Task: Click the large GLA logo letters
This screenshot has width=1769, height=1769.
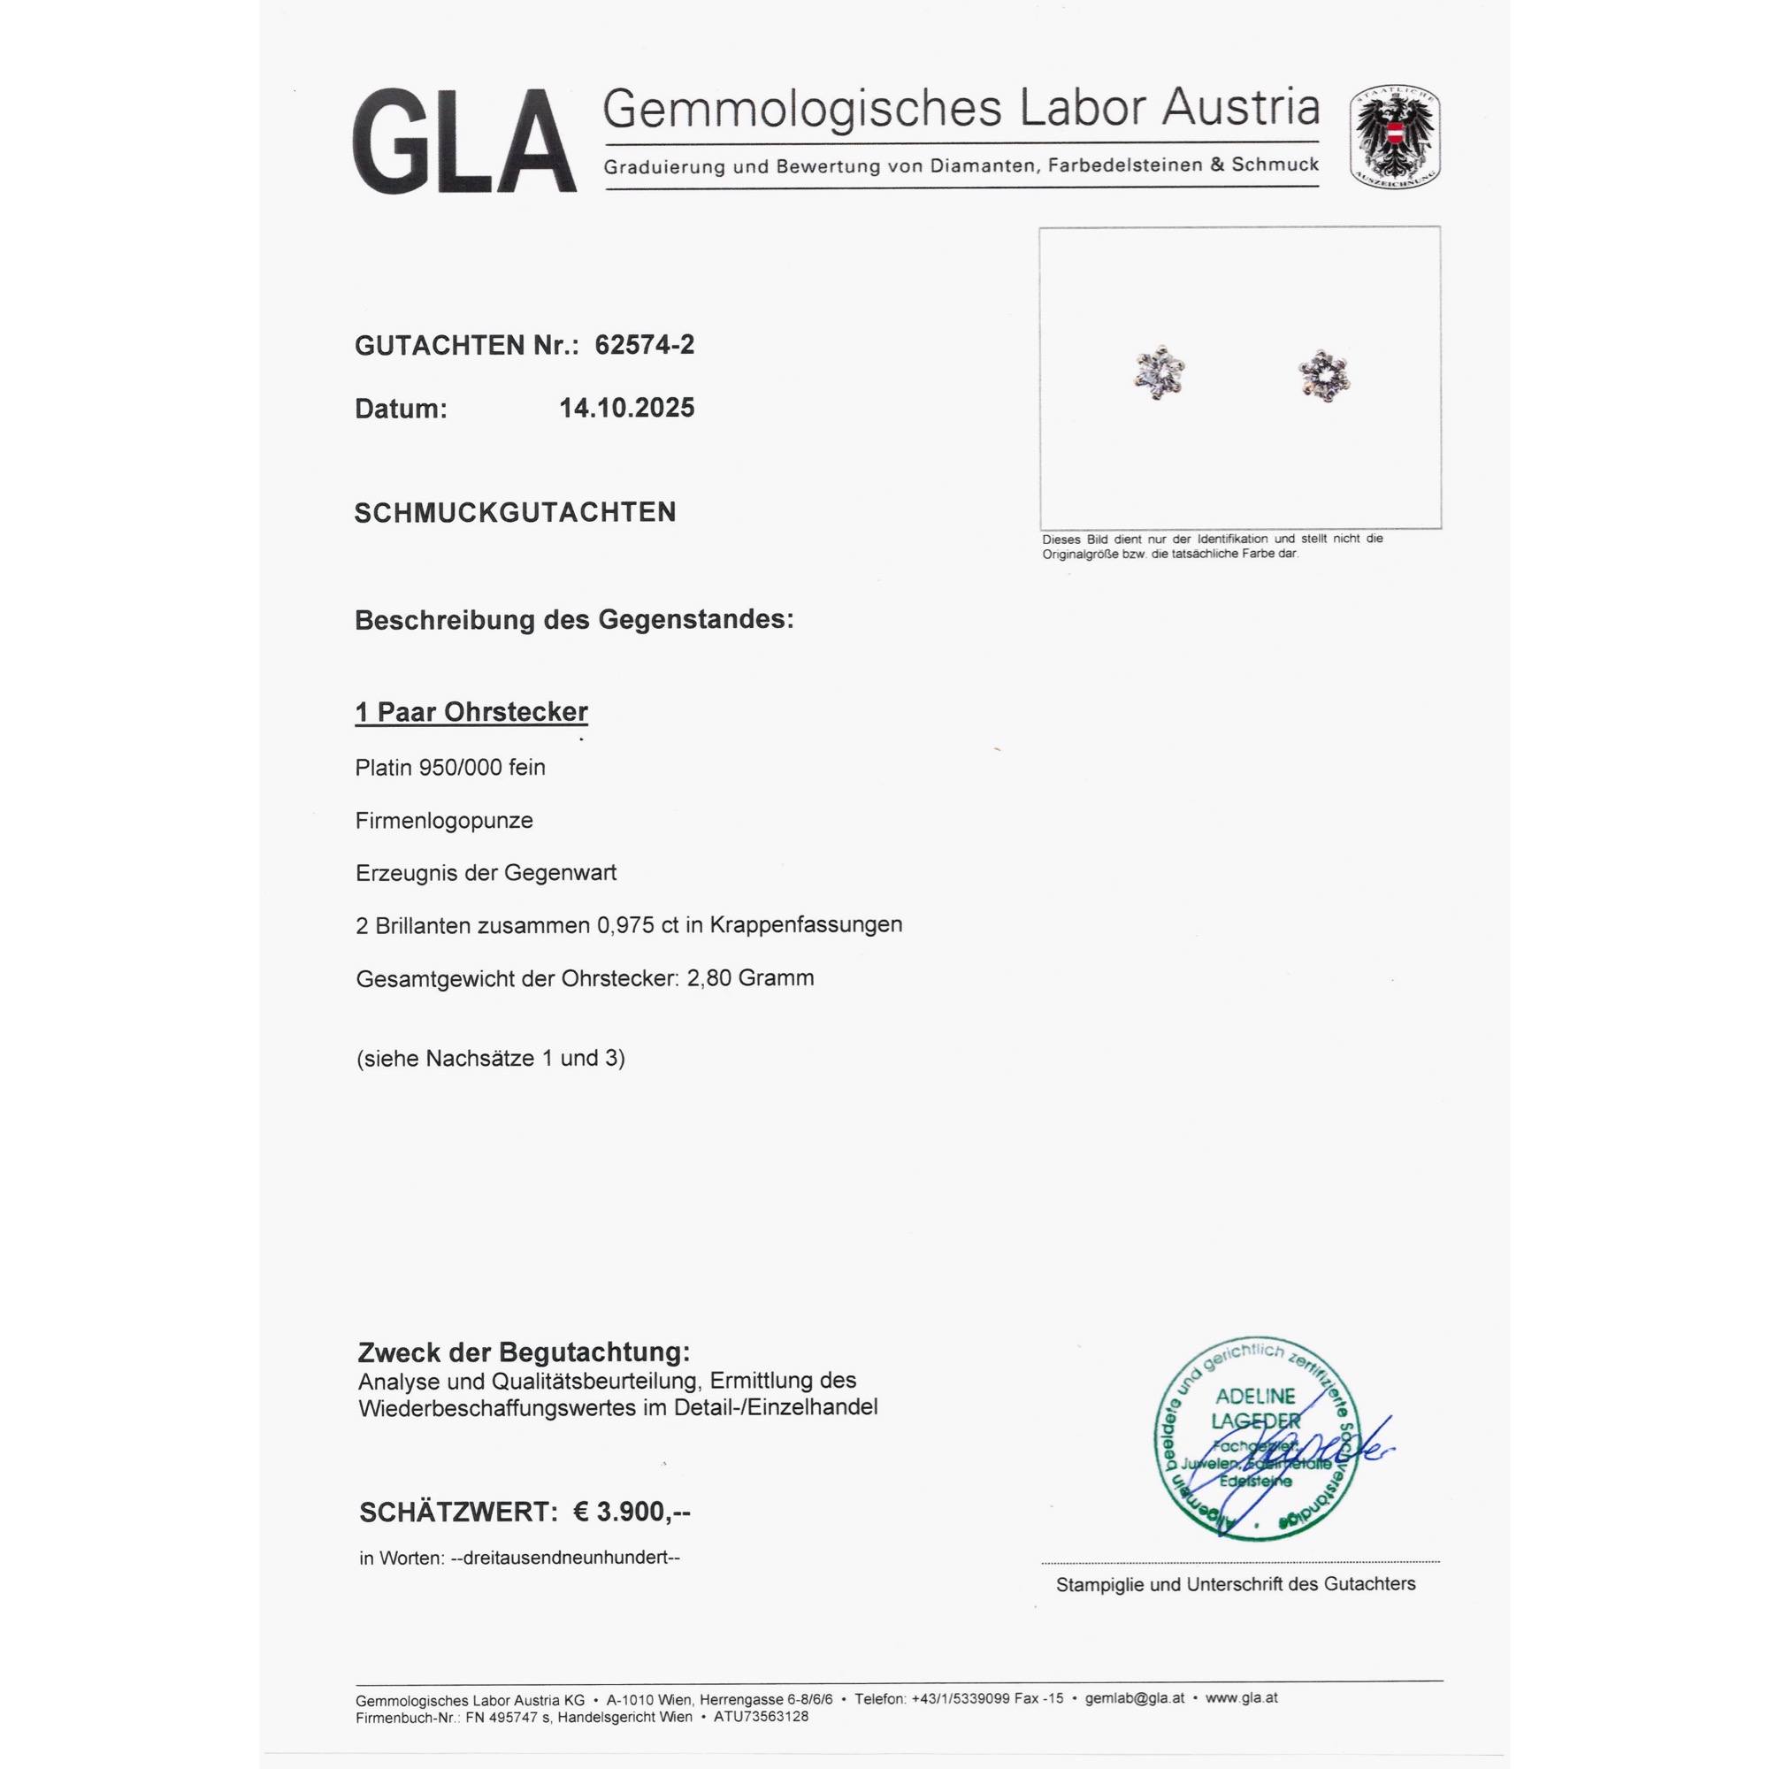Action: point(464,141)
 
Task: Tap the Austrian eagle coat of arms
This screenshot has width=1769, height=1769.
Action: point(1394,136)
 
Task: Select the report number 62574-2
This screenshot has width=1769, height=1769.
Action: point(645,345)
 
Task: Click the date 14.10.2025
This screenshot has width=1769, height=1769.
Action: point(626,409)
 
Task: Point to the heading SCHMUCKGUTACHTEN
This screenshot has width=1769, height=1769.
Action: point(515,513)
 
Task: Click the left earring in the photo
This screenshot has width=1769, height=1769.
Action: point(1160,372)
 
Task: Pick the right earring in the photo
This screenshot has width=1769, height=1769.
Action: point(1324,375)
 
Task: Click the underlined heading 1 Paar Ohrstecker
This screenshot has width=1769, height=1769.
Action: point(471,712)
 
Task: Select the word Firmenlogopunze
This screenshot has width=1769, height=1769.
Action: point(444,821)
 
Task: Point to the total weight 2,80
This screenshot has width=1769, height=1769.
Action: point(708,978)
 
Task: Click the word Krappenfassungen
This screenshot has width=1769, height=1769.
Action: point(806,925)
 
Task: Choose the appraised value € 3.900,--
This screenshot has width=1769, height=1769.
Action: point(632,1512)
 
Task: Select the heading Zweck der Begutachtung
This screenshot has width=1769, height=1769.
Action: point(524,1352)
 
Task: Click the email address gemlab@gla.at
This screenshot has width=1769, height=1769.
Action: point(1135,1698)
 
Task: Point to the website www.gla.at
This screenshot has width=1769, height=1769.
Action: point(1241,1698)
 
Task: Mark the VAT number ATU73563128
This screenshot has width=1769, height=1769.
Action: point(761,1717)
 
